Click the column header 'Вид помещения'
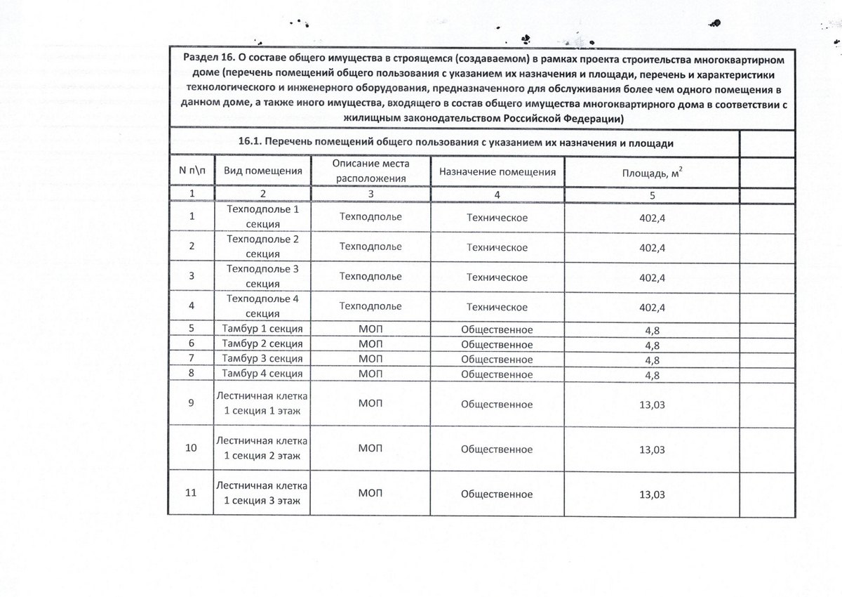262,171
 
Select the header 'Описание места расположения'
371,171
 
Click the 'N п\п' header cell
192,171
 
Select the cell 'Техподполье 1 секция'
263,216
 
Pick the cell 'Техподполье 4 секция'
263,306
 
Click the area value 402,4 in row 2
652,248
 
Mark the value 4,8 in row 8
652,374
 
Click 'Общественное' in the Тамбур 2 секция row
497,344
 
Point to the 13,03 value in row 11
652,494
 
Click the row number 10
191,448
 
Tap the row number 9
192,404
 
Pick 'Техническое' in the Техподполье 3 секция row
497,277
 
